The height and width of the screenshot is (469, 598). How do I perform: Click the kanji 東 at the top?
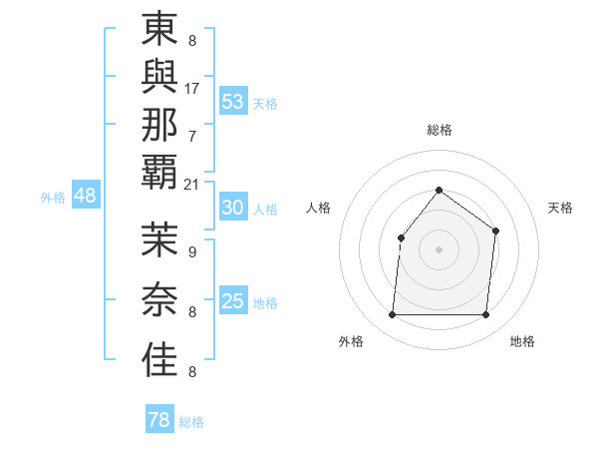[x=159, y=28]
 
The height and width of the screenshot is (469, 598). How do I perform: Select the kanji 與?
[x=159, y=76]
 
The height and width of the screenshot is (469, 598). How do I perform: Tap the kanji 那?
[x=159, y=124]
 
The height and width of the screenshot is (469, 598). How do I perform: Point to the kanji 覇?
[x=159, y=172]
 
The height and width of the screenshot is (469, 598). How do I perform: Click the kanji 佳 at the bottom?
[x=159, y=359]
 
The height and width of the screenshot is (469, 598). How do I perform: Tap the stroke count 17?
[x=192, y=88]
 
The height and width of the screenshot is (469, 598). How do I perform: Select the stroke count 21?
[x=192, y=185]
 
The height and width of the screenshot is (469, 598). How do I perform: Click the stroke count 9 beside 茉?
[x=192, y=252]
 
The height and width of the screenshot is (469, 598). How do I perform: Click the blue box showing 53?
[x=233, y=102]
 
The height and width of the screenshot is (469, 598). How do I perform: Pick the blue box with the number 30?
[x=233, y=208]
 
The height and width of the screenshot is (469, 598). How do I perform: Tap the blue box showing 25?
[x=233, y=301]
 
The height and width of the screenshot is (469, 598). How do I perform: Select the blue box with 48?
[x=85, y=196]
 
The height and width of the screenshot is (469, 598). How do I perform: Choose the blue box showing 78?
[x=159, y=420]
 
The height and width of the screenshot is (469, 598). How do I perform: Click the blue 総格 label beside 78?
[x=192, y=422]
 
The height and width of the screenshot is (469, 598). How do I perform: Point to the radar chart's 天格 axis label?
[x=560, y=208]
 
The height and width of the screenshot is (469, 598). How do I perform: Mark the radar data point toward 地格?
[x=485, y=315]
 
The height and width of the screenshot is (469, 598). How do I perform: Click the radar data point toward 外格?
[x=392, y=315]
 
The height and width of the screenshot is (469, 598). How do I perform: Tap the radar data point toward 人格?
[x=401, y=237]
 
